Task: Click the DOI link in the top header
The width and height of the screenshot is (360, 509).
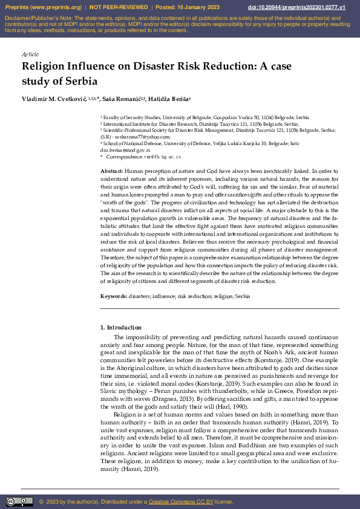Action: [306, 7]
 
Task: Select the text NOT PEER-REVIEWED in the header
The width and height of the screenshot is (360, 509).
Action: [119, 7]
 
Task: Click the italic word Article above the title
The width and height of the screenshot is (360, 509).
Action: [30, 54]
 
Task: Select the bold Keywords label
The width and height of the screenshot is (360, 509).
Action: [114, 297]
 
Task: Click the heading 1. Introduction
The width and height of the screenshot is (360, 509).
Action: [120, 328]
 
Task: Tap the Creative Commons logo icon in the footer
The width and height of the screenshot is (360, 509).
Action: [19, 501]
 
